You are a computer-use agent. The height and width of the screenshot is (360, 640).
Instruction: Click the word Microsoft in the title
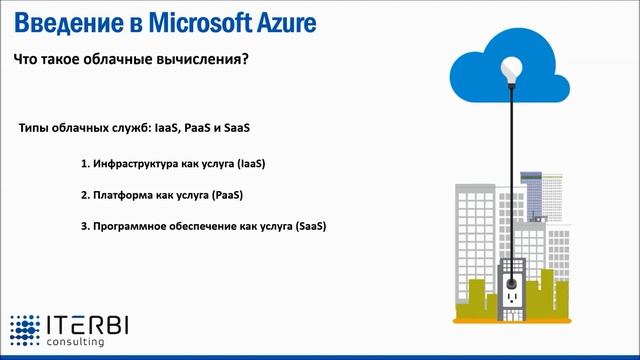[197, 22]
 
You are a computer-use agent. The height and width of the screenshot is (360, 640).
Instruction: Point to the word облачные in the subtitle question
[116, 60]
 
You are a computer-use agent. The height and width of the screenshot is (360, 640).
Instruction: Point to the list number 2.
[84, 194]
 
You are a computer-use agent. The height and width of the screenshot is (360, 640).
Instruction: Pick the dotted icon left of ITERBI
[25, 331]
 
